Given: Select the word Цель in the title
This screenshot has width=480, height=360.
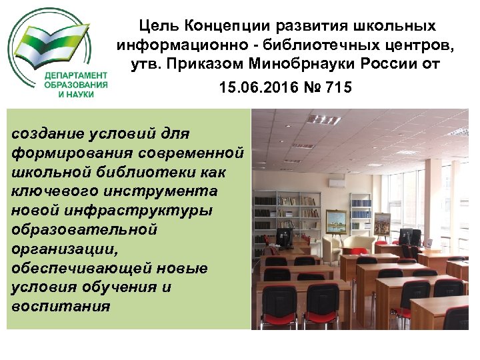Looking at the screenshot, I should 159,26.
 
